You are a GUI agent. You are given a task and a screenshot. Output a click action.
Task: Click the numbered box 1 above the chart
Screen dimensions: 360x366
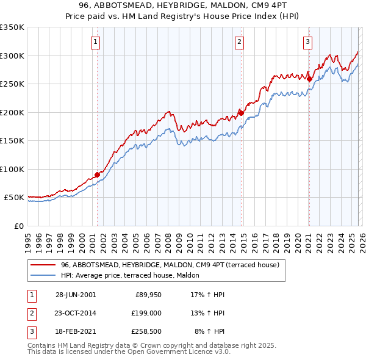(x=97, y=42)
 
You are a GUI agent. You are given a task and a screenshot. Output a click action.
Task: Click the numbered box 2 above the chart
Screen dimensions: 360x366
(x=239, y=42)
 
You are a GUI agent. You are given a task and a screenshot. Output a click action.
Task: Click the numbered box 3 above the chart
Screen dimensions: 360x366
(x=308, y=42)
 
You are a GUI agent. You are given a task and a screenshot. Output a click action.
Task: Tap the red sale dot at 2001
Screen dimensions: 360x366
(x=97, y=175)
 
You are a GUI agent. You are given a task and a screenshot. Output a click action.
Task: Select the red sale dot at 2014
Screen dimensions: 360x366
(x=241, y=113)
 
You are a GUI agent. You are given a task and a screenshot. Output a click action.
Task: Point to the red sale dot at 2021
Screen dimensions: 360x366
(x=309, y=79)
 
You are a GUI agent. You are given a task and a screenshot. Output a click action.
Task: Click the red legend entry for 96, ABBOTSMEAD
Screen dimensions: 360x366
(x=170, y=265)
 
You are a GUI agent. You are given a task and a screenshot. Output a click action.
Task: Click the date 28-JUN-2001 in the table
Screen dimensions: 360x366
(x=75, y=295)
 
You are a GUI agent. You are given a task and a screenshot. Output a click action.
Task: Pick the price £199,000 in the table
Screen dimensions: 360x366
(x=146, y=313)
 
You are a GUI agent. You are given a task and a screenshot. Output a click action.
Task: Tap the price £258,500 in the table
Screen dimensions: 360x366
(x=146, y=331)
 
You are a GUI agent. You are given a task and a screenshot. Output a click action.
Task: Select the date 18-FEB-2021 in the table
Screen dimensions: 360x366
(x=75, y=331)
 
